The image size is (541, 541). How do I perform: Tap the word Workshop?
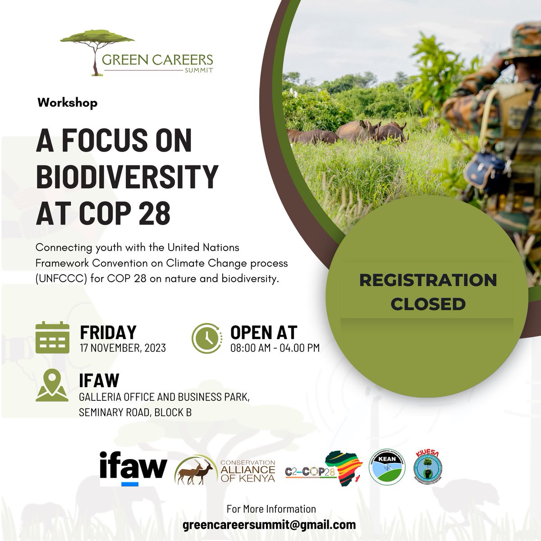point(68,103)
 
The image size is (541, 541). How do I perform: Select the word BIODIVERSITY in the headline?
point(127,176)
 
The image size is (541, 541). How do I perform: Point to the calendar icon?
point(52,338)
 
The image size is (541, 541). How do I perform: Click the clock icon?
point(207,338)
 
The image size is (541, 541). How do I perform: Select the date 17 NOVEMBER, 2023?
point(123,348)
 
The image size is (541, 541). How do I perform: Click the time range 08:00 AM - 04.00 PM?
point(275,348)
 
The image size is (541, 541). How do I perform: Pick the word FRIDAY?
point(108,333)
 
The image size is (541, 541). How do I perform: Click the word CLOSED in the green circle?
point(428,304)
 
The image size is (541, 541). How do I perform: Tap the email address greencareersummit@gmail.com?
point(269,525)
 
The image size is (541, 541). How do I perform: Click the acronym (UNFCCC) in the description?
point(61,279)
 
